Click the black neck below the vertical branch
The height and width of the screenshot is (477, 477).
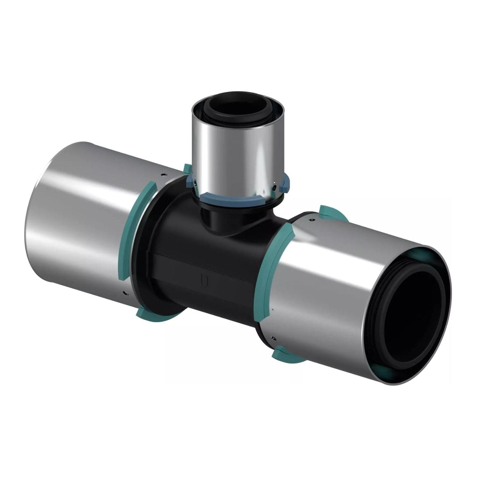click(x=219, y=219)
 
